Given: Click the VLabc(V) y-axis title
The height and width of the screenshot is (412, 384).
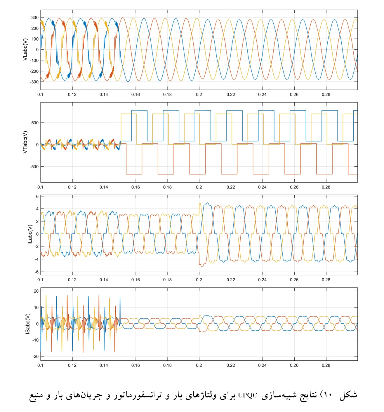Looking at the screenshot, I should tap(25, 50).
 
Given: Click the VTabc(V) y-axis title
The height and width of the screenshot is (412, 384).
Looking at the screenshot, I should tap(25, 142).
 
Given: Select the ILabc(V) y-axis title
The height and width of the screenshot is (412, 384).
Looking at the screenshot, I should tap(29, 235).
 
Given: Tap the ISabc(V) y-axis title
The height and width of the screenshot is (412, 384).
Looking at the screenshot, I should tap(28, 324).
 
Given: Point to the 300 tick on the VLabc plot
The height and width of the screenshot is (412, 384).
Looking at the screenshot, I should tap(35, 18).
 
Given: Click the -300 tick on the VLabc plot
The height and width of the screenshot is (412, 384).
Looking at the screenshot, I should tap(34, 82).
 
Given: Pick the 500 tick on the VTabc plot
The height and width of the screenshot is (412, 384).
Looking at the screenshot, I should tap(35, 123).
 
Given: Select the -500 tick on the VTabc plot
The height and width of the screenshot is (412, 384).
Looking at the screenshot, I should tap(34, 167).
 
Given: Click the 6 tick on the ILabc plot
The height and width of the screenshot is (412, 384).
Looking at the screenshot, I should tap(37, 197).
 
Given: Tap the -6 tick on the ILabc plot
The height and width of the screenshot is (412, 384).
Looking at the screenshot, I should tap(36, 272).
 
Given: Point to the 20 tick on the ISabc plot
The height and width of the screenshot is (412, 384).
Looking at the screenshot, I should tap(36, 291).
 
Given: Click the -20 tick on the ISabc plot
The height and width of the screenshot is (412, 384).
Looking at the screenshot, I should tap(35, 357).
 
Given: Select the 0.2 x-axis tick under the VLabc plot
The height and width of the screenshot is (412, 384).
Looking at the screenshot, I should tap(199, 95).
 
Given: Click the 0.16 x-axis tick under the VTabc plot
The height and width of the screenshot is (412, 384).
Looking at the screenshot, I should tap(135, 187).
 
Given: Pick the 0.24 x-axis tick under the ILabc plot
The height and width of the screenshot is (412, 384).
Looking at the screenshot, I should tap(262, 280).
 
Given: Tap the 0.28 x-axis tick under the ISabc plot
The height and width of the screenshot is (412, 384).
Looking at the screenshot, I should tap(326, 365).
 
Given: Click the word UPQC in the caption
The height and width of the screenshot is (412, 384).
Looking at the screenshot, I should tap(248, 395).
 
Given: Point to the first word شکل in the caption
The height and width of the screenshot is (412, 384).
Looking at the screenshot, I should tap(348, 395).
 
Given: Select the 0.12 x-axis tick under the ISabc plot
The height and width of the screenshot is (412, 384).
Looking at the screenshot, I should tap(72, 365).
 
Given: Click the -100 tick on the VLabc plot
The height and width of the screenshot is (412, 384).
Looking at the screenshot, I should tap(34, 60).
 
